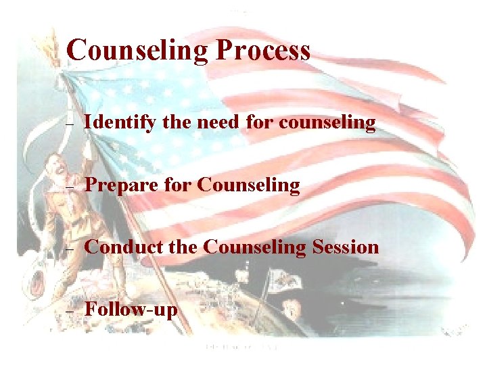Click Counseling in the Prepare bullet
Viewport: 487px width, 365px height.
click(249, 185)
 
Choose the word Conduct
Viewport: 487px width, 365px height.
click(123, 247)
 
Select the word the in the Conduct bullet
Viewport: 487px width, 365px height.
click(182, 247)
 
